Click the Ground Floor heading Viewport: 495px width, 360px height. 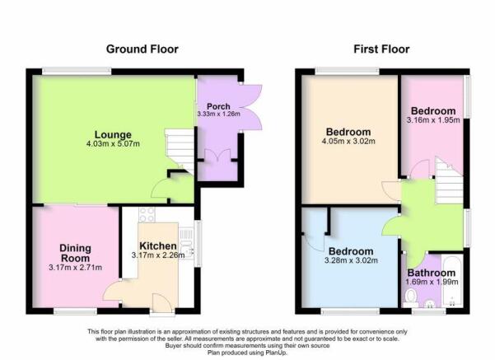pyautogui.click(x=142, y=49)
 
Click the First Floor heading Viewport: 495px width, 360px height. pyautogui.click(x=381, y=49)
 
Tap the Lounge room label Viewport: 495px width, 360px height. pyautogui.click(x=113, y=134)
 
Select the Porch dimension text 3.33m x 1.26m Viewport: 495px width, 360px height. pyautogui.click(x=218, y=114)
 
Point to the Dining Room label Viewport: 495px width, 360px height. pyautogui.click(x=75, y=253)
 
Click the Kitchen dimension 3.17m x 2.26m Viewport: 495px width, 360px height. pyautogui.click(x=158, y=255)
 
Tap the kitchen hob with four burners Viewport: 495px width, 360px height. pyautogui.click(x=147, y=215)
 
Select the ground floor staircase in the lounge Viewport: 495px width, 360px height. pyautogui.click(x=180, y=150)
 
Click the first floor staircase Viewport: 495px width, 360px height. pyautogui.click(x=449, y=181)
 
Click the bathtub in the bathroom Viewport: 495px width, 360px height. pyautogui.click(x=452, y=280)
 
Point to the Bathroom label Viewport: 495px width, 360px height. pyautogui.click(x=432, y=273)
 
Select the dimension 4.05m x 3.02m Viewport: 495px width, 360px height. pyautogui.click(x=348, y=141)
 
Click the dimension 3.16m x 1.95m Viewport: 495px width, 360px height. pyautogui.click(x=433, y=120)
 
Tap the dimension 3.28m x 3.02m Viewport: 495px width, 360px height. pyautogui.click(x=351, y=260)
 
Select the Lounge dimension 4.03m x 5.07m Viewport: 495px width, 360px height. pyautogui.click(x=113, y=144)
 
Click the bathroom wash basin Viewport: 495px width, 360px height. pyautogui.click(x=430, y=304)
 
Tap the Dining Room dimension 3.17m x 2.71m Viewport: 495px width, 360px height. pyautogui.click(x=76, y=268)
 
